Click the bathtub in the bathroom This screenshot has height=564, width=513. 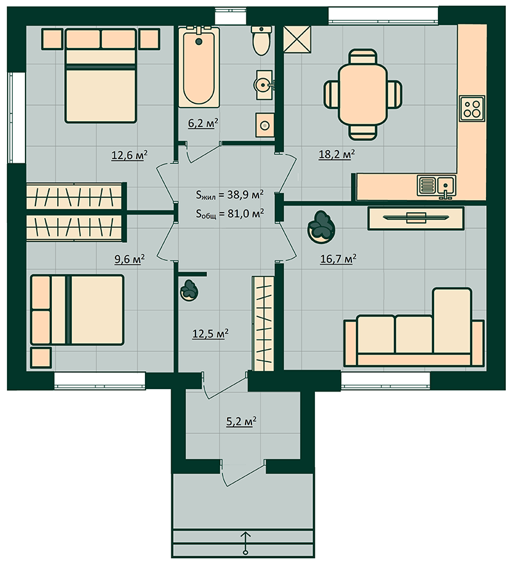click(x=199, y=67)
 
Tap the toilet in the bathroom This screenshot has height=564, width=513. click(x=262, y=40)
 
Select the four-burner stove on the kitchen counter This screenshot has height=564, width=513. click(x=472, y=108)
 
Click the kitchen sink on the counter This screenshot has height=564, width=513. click(x=436, y=186)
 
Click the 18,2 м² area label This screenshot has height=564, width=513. click(x=337, y=154)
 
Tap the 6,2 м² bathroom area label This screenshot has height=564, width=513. click(x=203, y=123)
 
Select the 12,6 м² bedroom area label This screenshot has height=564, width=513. click(x=130, y=155)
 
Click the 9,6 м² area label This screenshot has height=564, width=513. click(x=130, y=260)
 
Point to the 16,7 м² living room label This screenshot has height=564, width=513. click(x=338, y=259)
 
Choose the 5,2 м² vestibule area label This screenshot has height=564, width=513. click(x=241, y=421)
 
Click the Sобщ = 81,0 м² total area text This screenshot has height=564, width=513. click(x=230, y=214)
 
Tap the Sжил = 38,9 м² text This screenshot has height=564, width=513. click(x=230, y=195)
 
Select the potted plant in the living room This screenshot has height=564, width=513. click(x=321, y=228)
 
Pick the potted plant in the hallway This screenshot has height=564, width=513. click(x=189, y=290)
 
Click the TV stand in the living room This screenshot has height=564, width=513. click(x=416, y=218)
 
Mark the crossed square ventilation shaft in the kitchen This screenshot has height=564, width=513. click(x=297, y=39)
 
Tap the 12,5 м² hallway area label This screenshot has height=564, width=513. click(x=210, y=334)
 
